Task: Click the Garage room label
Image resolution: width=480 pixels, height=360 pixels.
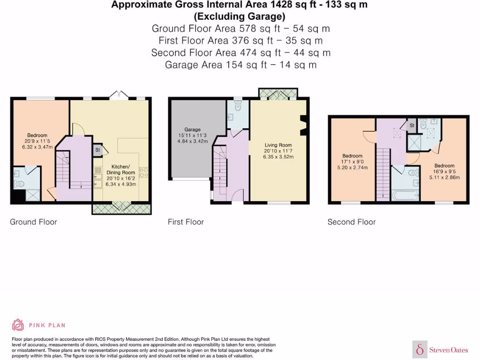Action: tap(192, 129)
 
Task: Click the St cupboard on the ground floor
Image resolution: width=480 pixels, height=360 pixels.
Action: tap(98, 150)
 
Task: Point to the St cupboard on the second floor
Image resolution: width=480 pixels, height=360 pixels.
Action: tap(412, 125)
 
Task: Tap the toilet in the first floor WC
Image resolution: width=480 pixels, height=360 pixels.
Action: tap(238, 108)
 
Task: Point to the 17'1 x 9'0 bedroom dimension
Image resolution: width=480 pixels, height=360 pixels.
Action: tap(352, 162)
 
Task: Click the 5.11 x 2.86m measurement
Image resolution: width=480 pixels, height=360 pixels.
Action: tap(444, 178)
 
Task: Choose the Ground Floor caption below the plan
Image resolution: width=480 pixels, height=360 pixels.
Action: tap(33, 222)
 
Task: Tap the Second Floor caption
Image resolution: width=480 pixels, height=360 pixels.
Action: tap(352, 222)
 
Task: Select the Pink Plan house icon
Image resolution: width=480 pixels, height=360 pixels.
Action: tap(18, 324)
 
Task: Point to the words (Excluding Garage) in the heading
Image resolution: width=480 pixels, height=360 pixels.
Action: tap(240, 16)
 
